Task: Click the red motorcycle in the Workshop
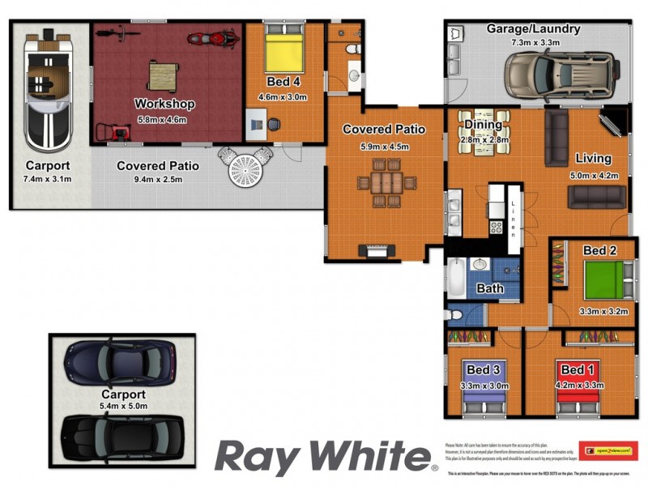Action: click(x=212, y=37)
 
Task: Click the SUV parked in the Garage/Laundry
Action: click(x=559, y=75)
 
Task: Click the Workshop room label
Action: click(x=164, y=104)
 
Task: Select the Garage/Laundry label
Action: click(x=533, y=28)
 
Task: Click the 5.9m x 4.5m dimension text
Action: click(x=384, y=147)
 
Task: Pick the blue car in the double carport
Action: click(x=120, y=361)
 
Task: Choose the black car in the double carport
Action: click(x=118, y=437)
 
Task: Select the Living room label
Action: click(x=592, y=158)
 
